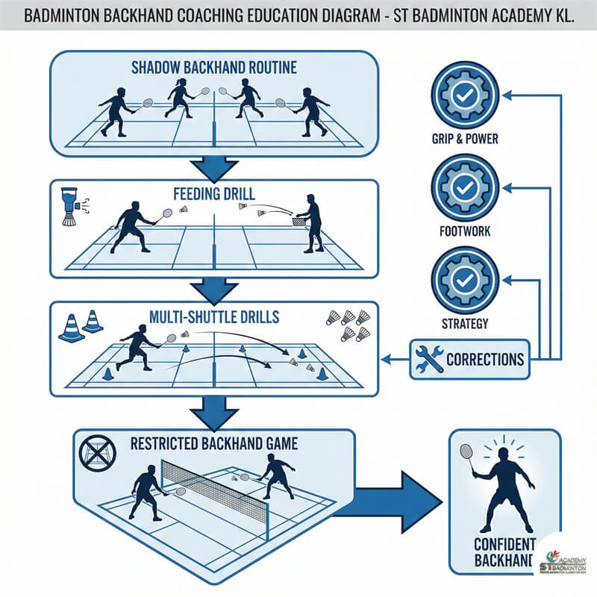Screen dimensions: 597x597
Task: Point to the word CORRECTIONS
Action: (484, 359)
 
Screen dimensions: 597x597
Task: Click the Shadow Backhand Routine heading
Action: (214, 68)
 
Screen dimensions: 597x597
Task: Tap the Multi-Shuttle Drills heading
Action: (215, 317)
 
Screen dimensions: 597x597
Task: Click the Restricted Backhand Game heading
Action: (214, 443)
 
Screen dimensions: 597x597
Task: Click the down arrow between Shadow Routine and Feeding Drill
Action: (215, 168)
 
